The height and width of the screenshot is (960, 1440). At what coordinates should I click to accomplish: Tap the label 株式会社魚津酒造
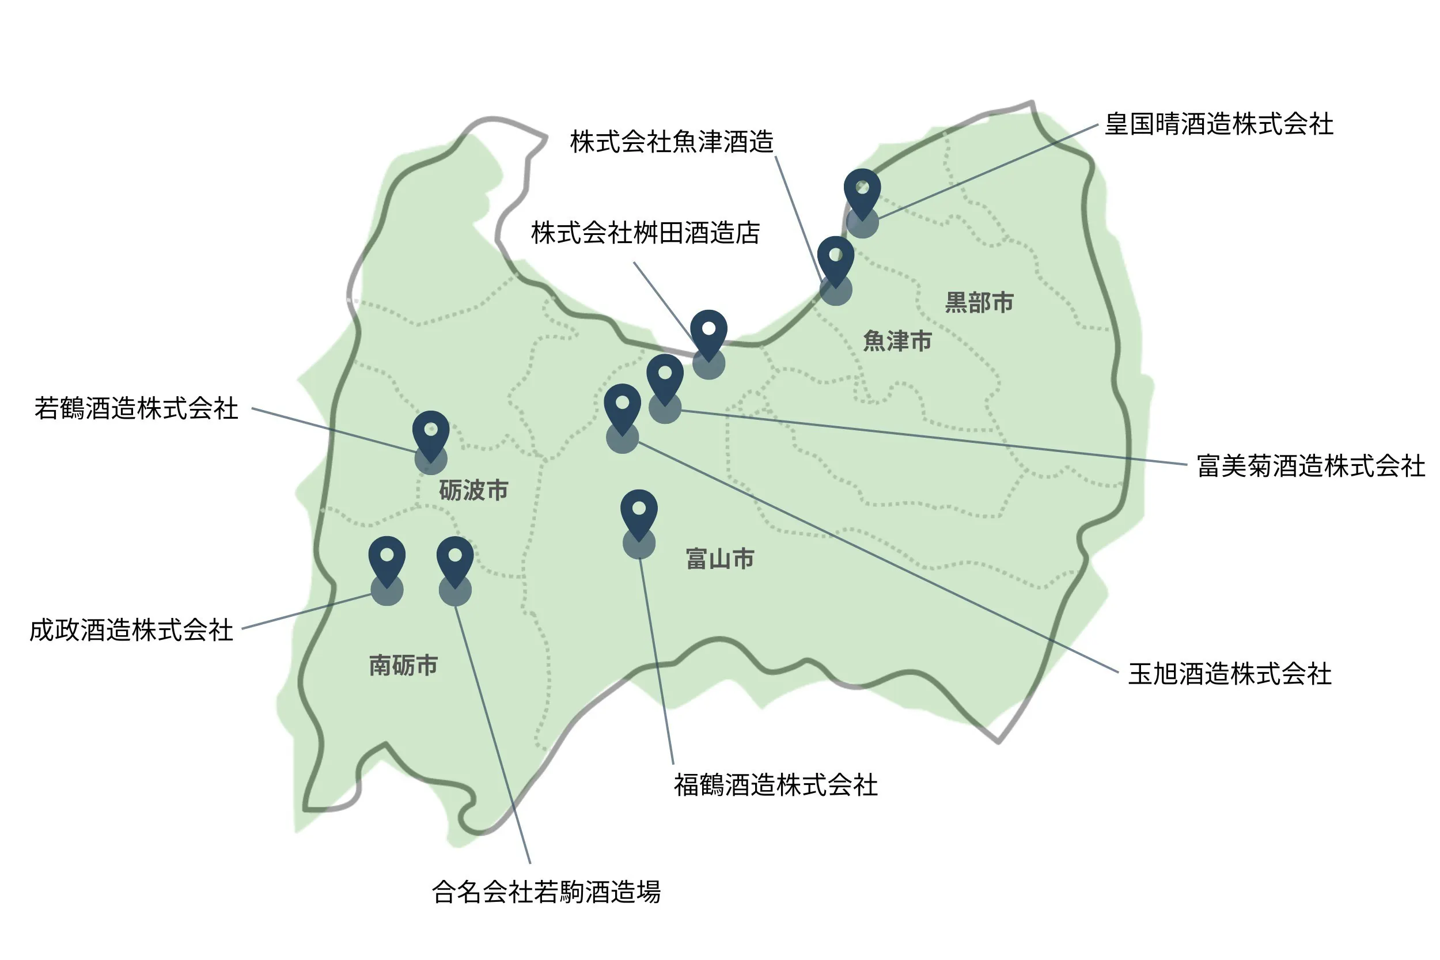(x=672, y=142)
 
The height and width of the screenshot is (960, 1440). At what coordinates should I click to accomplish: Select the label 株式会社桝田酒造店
(x=645, y=233)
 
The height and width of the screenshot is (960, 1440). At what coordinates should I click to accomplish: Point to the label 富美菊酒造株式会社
(x=1311, y=466)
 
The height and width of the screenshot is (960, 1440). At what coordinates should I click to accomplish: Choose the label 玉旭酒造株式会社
(x=1229, y=674)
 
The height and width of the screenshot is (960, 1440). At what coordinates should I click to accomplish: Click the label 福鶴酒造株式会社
(x=776, y=786)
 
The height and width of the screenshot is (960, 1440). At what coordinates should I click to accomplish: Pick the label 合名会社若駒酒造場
(x=546, y=892)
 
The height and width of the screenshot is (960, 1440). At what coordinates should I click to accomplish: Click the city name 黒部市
(x=979, y=302)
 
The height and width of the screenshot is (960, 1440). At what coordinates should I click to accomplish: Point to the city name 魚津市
(x=897, y=341)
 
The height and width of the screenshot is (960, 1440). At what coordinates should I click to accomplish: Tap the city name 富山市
(x=720, y=559)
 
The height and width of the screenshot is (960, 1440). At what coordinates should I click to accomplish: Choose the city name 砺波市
(x=473, y=491)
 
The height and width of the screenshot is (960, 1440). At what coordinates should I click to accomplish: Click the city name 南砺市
(x=403, y=666)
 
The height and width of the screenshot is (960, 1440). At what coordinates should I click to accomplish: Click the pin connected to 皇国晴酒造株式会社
(x=862, y=191)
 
